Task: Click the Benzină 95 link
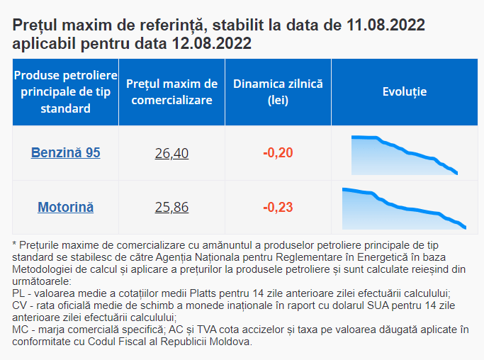pyautogui.click(x=65, y=152)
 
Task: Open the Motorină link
pyautogui.click(x=65, y=208)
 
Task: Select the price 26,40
pyautogui.click(x=171, y=152)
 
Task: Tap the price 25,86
pyautogui.click(x=171, y=208)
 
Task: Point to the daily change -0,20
pyautogui.click(x=278, y=152)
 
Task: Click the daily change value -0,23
pyautogui.click(x=278, y=208)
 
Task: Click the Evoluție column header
pyautogui.click(x=405, y=92)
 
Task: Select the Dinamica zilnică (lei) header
pyautogui.click(x=278, y=92)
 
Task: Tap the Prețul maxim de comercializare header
pyautogui.click(x=171, y=92)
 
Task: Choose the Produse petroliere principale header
pyautogui.click(x=65, y=92)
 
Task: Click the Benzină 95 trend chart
pyautogui.click(x=405, y=154)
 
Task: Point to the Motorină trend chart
pyautogui.click(x=403, y=209)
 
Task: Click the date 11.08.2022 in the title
pyautogui.click(x=386, y=26)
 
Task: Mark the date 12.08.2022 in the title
pyautogui.click(x=211, y=43)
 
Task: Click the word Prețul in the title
pyautogui.click(x=35, y=26)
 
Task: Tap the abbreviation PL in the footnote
pyautogui.click(x=19, y=293)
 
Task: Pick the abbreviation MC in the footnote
pyautogui.click(x=20, y=330)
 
